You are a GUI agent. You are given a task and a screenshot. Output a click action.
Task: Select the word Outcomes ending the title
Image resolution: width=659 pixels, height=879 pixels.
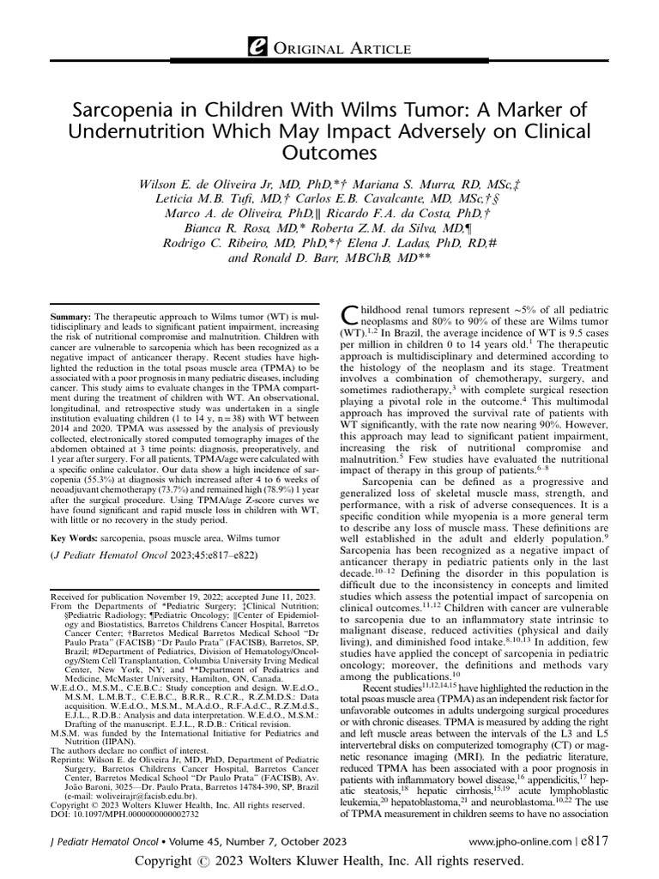point(329,155)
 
